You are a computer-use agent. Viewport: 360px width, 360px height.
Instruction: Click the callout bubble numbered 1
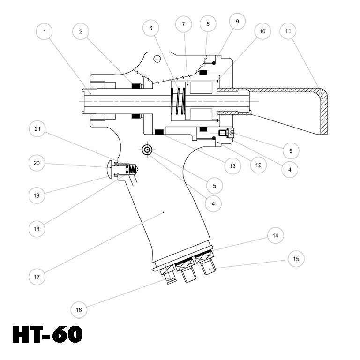click(x=44, y=31)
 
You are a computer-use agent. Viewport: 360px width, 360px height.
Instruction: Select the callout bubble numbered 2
click(x=81, y=31)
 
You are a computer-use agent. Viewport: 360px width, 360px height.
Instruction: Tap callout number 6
click(x=151, y=28)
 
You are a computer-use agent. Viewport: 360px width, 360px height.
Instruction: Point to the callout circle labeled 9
click(x=237, y=22)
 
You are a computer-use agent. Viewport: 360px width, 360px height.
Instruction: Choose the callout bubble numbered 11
click(x=288, y=31)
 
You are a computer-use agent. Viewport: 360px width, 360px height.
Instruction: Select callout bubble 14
click(x=276, y=236)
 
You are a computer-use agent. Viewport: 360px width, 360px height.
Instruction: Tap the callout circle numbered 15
click(x=296, y=259)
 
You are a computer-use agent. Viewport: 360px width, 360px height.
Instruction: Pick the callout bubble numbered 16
click(x=79, y=310)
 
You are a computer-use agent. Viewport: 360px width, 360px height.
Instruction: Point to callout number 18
click(x=37, y=230)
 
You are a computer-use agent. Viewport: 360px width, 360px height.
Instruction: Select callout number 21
click(x=37, y=127)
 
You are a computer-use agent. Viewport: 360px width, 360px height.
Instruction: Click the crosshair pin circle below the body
click(x=147, y=150)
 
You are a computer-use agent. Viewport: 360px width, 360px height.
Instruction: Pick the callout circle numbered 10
click(x=262, y=31)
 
